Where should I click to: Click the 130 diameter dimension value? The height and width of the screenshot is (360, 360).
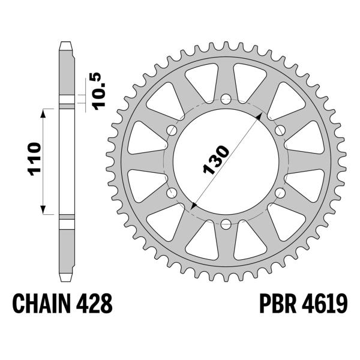click(x=215, y=160)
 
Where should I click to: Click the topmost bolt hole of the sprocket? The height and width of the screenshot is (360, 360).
click(x=226, y=99)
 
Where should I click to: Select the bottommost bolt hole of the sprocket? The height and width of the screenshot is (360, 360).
click(x=226, y=224)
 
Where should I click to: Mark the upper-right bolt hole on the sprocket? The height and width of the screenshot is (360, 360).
click(x=280, y=130)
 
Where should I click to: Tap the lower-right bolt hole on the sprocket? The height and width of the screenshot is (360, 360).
click(x=280, y=193)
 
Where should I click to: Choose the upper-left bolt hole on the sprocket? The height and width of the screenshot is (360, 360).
click(x=172, y=130)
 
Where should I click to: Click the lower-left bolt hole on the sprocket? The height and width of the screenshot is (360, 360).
click(x=172, y=193)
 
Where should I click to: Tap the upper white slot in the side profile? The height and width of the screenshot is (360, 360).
click(x=67, y=100)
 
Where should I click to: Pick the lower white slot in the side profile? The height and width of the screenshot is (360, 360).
click(x=67, y=223)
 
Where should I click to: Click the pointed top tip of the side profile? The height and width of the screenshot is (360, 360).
click(x=67, y=43)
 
